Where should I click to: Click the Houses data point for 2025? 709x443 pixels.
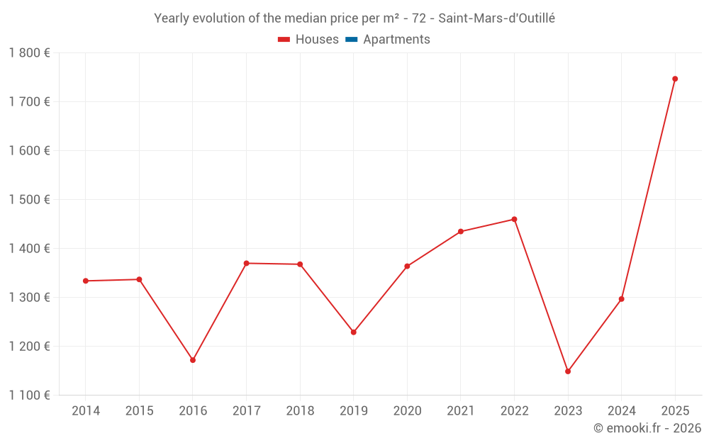[x=675, y=79]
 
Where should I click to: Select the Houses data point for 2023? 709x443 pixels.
[x=568, y=371]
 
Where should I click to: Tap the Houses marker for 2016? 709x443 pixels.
[x=193, y=360]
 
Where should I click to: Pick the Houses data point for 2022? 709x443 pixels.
[x=514, y=219]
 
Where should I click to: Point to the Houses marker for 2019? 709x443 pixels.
[x=354, y=332]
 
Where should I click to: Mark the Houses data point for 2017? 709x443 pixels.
[x=246, y=263]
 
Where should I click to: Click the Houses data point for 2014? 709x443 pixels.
[x=86, y=281]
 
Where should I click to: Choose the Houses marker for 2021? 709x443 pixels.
[x=461, y=232]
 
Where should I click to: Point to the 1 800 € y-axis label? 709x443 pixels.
[x=30, y=52]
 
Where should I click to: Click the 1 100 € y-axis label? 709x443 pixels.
[x=30, y=395]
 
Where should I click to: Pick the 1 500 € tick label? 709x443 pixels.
[x=30, y=199]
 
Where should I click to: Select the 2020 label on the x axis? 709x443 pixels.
[x=407, y=411]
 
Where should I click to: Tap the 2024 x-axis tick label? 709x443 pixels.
[x=622, y=411]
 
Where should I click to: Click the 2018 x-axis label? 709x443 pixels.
[x=300, y=411]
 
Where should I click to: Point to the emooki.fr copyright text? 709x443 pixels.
[x=647, y=428]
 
